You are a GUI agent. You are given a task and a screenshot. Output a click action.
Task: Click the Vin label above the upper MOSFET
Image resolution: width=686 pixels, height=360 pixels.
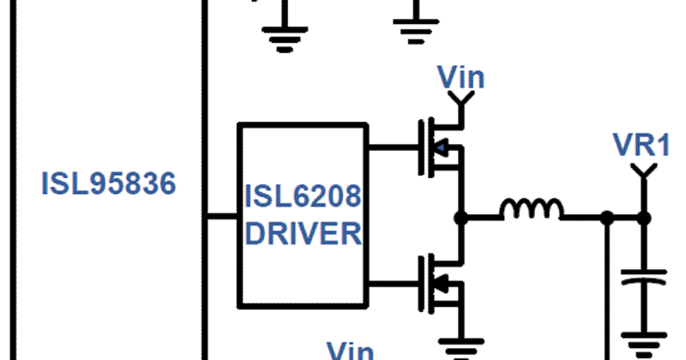point(461,78)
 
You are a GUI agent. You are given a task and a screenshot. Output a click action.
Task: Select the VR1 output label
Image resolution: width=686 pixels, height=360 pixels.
point(640,145)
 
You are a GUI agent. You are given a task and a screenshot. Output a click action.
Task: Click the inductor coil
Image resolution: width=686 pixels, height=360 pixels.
point(531,210)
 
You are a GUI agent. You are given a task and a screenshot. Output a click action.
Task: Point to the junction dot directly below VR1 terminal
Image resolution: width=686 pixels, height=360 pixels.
point(644,218)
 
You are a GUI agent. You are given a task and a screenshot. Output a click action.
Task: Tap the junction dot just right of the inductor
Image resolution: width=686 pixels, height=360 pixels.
point(608,218)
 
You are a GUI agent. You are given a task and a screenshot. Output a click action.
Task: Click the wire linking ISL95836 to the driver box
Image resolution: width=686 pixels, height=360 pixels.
point(221,217)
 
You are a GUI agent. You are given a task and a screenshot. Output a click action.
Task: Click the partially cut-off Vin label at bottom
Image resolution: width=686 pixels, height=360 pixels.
point(350,351)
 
